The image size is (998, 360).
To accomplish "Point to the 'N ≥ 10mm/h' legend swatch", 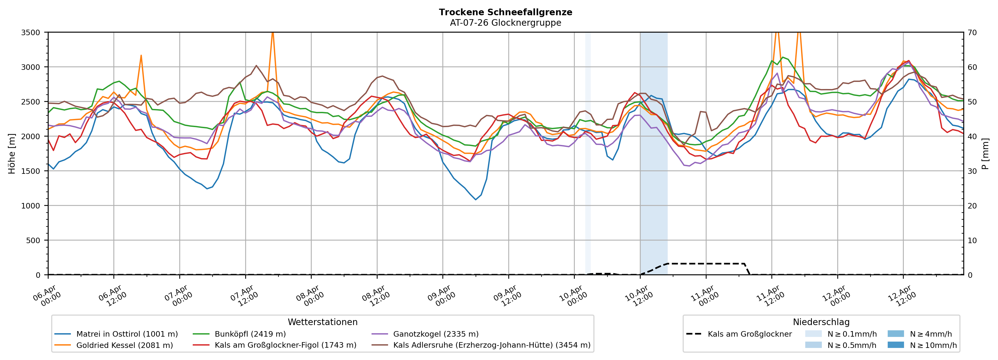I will point(895,345).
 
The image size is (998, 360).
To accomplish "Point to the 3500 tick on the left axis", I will point(31,33).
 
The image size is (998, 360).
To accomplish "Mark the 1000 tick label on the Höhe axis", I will point(31,206).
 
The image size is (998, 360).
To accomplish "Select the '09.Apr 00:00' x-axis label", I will point(442,297).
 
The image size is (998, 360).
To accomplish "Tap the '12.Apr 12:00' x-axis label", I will point(902,297).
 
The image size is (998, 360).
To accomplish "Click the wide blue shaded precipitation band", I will point(654,155).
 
